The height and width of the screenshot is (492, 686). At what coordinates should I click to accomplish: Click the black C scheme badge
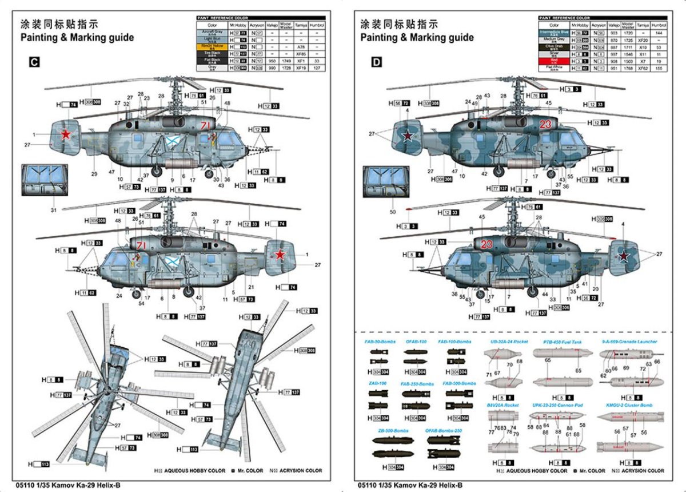pos(34,62)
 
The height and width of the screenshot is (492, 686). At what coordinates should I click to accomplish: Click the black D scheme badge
pos(376,62)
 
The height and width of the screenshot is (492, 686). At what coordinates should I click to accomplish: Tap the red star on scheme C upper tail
pos(66,135)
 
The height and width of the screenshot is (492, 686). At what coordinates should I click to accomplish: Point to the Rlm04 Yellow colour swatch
pos(212,46)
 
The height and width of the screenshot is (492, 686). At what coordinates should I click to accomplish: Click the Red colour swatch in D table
pos(554,60)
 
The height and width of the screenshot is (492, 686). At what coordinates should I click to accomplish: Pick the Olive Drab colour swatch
pos(554,47)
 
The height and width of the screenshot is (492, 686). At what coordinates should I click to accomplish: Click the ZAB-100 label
pos(378,383)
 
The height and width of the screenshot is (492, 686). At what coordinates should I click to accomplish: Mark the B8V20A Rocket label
pos(503,405)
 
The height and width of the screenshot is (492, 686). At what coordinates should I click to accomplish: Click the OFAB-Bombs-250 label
pos(443,430)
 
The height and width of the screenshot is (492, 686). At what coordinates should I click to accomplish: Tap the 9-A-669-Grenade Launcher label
pos(629,342)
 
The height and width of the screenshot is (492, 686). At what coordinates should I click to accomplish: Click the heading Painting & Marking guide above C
pos(77,38)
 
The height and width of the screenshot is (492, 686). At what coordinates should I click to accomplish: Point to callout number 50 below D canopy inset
pos(393,212)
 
